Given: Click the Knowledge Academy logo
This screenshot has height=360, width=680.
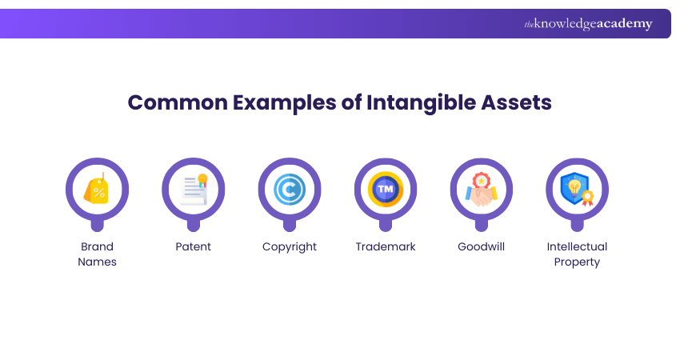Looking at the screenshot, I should click(x=588, y=24).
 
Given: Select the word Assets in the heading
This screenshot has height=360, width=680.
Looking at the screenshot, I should click(x=515, y=103).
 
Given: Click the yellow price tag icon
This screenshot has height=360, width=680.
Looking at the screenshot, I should click(x=97, y=190).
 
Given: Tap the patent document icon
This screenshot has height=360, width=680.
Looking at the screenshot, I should click(x=193, y=190).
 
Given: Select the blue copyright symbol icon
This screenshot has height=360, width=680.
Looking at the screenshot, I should click(x=289, y=190).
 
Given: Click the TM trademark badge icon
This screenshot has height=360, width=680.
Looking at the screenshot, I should click(x=385, y=190).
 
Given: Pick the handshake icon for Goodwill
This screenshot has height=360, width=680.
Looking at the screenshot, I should click(x=481, y=190).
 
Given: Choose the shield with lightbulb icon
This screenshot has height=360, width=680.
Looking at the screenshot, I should click(x=577, y=190).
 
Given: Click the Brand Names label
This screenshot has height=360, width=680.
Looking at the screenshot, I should click(x=97, y=254).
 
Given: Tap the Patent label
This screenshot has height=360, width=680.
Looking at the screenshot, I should click(x=193, y=246).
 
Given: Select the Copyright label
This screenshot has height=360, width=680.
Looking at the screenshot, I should click(x=290, y=246).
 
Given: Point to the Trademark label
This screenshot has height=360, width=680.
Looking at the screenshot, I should click(x=386, y=246).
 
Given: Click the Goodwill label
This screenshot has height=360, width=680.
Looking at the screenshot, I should click(x=481, y=246).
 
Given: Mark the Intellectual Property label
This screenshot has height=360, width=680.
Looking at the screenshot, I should click(x=577, y=254).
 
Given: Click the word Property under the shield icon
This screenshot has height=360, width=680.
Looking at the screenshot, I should click(x=577, y=262).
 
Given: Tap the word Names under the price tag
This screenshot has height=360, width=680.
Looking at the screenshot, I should click(x=97, y=262).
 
